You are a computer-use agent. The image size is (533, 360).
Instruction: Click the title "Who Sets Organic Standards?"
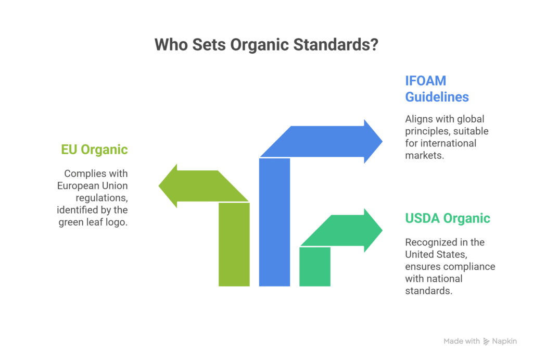coord(266,45)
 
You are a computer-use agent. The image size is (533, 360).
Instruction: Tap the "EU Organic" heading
coord(95,150)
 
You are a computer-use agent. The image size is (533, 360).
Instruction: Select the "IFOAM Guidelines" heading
coord(437,89)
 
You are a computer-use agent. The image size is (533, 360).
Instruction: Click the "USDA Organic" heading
coord(448,218)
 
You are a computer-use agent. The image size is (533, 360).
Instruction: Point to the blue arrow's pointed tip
coord(382,141)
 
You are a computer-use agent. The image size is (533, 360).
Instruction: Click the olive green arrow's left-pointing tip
coord(159,186)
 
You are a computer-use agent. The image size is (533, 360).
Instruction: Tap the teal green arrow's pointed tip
coord(382,230)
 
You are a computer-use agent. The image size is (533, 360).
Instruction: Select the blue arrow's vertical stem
coord(275,222)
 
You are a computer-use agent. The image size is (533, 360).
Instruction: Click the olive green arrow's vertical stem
coord(234,244)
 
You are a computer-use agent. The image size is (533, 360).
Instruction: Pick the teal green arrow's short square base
coord(315,267)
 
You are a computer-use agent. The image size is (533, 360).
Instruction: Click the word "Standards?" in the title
coord(336,45)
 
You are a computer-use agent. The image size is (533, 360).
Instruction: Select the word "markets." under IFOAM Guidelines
coord(425,155)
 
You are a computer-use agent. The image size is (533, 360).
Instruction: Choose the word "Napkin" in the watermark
coord(504,341)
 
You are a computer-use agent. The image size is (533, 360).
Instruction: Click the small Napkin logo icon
coord(487,341)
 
